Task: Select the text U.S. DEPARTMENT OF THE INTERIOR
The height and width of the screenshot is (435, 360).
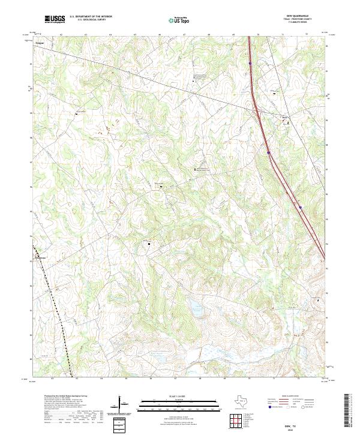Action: coord(91,16)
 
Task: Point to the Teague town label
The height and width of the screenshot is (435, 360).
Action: coord(41,43)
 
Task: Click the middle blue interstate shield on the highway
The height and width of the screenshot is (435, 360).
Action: coord(269,152)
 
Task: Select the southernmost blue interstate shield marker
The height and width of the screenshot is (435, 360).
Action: coord(300,208)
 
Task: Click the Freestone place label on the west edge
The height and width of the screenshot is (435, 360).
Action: coord(39,258)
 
